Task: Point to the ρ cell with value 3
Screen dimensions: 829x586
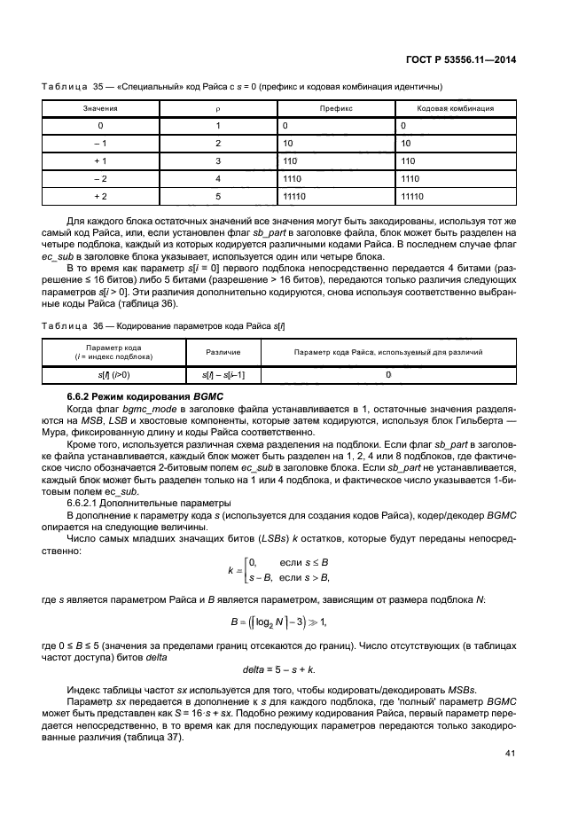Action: pyautogui.click(x=217, y=160)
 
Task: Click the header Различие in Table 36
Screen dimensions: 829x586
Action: pyautogui.click(x=217, y=352)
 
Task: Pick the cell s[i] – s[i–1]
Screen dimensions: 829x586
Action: pyautogui.click(x=217, y=375)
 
